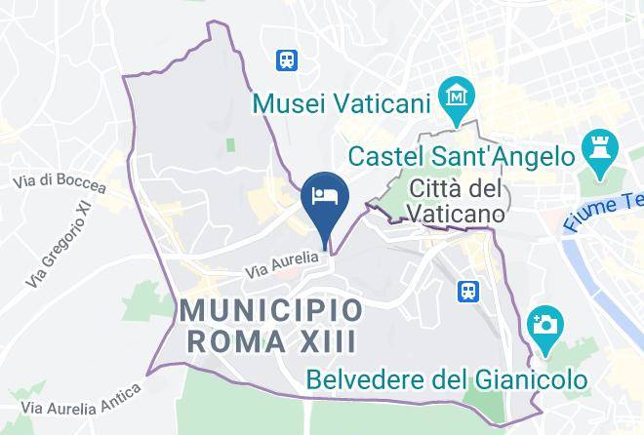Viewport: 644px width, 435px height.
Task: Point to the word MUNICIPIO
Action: click(x=271, y=312)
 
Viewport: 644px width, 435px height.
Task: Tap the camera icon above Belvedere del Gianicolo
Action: click(x=543, y=321)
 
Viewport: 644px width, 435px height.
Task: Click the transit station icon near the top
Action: click(x=287, y=60)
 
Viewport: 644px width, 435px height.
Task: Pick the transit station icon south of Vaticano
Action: click(x=469, y=292)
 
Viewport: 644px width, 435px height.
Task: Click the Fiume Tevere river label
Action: click(x=604, y=212)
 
